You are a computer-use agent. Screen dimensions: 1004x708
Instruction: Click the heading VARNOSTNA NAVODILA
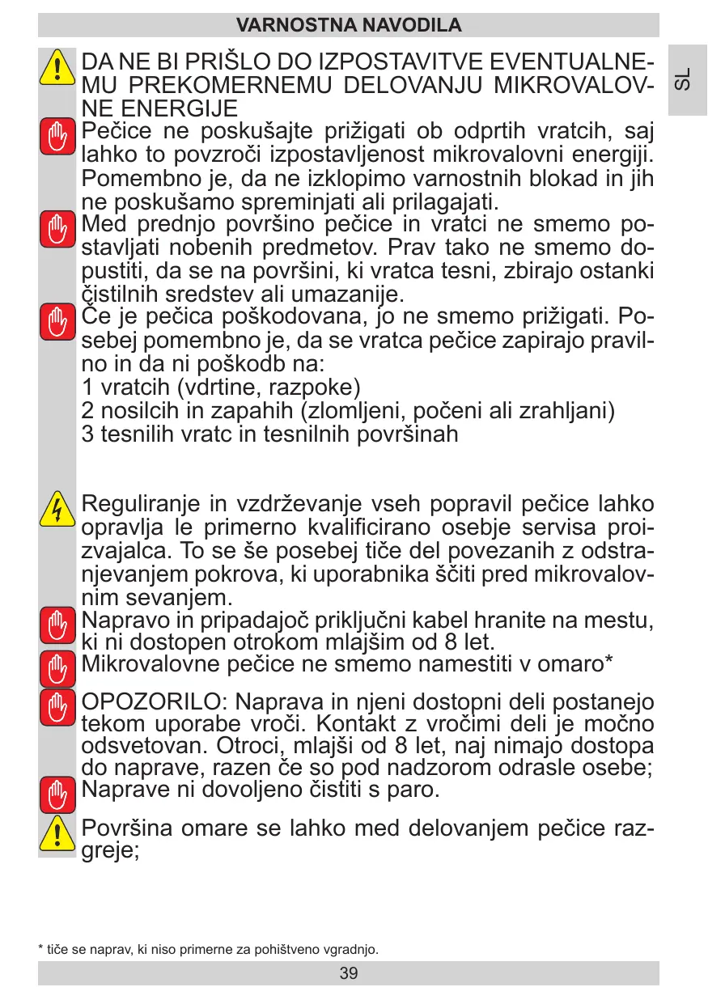349,25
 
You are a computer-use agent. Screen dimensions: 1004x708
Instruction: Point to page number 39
349,972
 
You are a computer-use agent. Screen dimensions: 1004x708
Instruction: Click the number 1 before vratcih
88,388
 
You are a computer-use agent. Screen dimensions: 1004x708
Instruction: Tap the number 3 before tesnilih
88,434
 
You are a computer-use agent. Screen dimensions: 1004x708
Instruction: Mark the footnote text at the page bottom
208,949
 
